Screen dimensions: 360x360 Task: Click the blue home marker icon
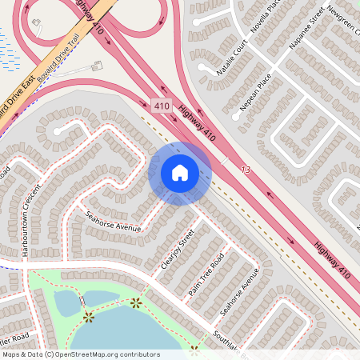[x=180, y=173]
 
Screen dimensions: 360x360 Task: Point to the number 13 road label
[x=245, y=170]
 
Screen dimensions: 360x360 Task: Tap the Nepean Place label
[x=256, y=94]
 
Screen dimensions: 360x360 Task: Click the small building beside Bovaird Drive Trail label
[x=97, y=66]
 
